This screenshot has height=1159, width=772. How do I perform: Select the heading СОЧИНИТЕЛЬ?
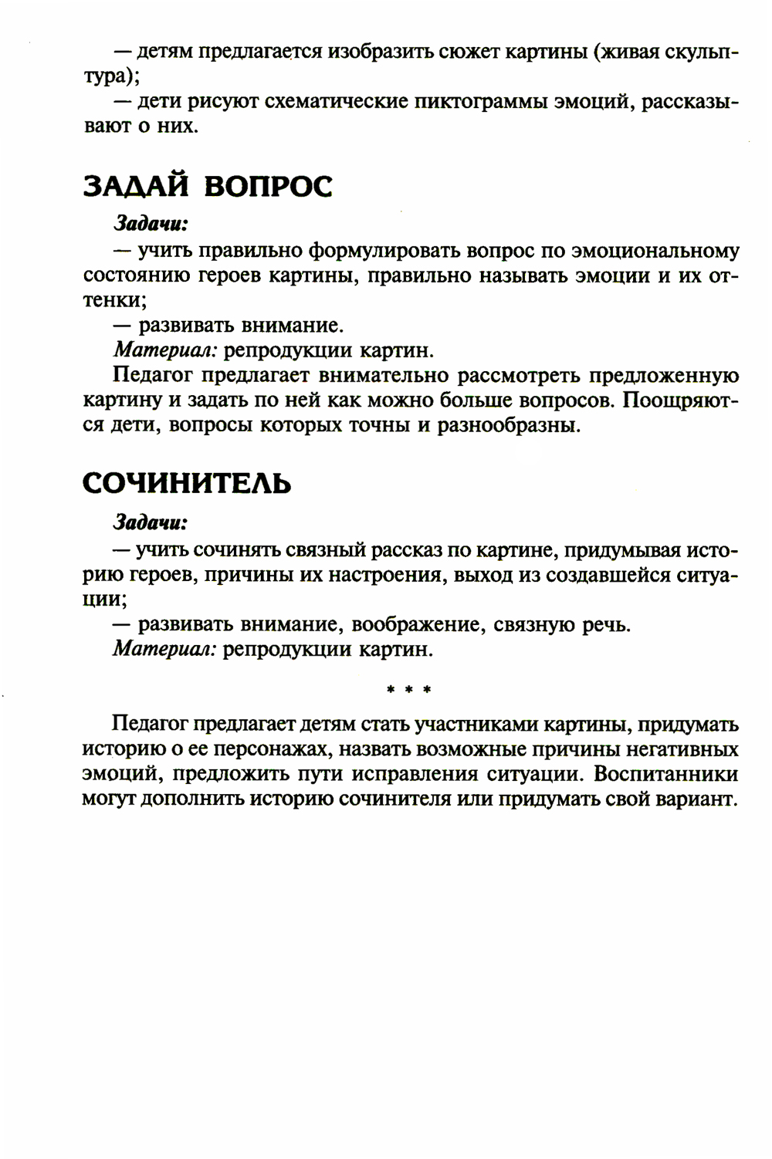[187, 483]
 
